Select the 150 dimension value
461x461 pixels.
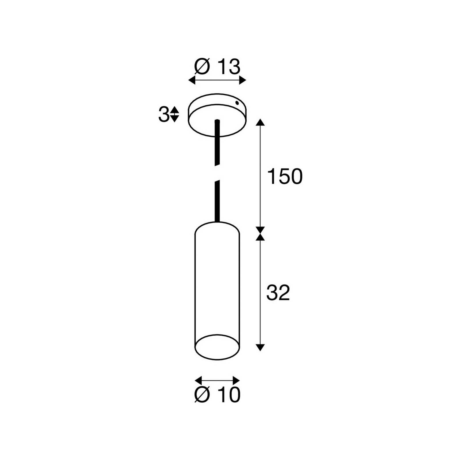pos(285,176)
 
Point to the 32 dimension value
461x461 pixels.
pos(278,293)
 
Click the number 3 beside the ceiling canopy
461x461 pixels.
pos(163,114)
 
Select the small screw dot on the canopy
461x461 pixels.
pos(237,102)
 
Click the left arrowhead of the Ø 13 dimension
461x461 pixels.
pos(192,80)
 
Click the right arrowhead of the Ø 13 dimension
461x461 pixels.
pos(243,80)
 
